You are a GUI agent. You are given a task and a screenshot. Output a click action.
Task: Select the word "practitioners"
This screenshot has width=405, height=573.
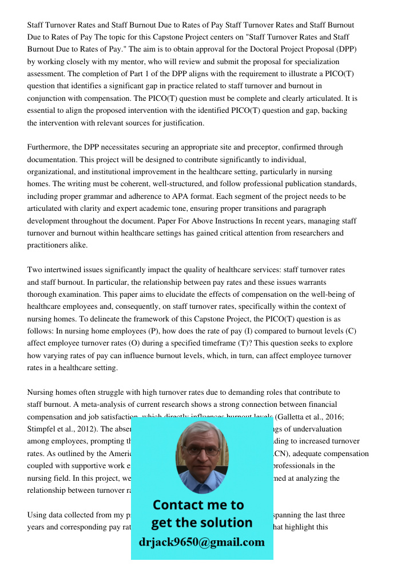pyautogui.click(x=49, y=245)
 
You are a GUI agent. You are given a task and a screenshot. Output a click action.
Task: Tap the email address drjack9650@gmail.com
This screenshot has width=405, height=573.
pyautogui.click(x=201, y=542)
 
